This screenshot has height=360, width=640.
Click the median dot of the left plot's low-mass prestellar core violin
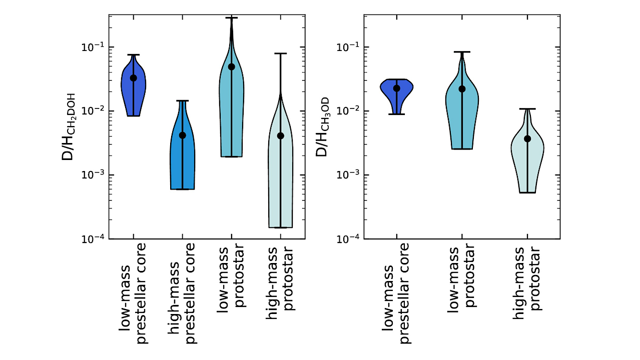pos(133,77)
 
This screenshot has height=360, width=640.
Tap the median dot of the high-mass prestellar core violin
pos(182,135)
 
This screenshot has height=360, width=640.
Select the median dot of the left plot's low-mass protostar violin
pos(231,66)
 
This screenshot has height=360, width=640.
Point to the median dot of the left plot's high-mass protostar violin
pos(280,135)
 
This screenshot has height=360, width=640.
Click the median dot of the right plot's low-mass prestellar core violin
pos(396,88)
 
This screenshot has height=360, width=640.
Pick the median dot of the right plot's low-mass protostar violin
pos(462,88)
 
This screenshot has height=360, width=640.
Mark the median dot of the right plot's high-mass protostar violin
pos(527,138)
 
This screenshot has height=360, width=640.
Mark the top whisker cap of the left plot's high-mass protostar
pos(280,53)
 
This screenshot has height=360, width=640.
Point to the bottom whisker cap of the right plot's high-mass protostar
pos(527,192)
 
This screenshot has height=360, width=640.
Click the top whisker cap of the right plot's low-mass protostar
pos(462,52)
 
